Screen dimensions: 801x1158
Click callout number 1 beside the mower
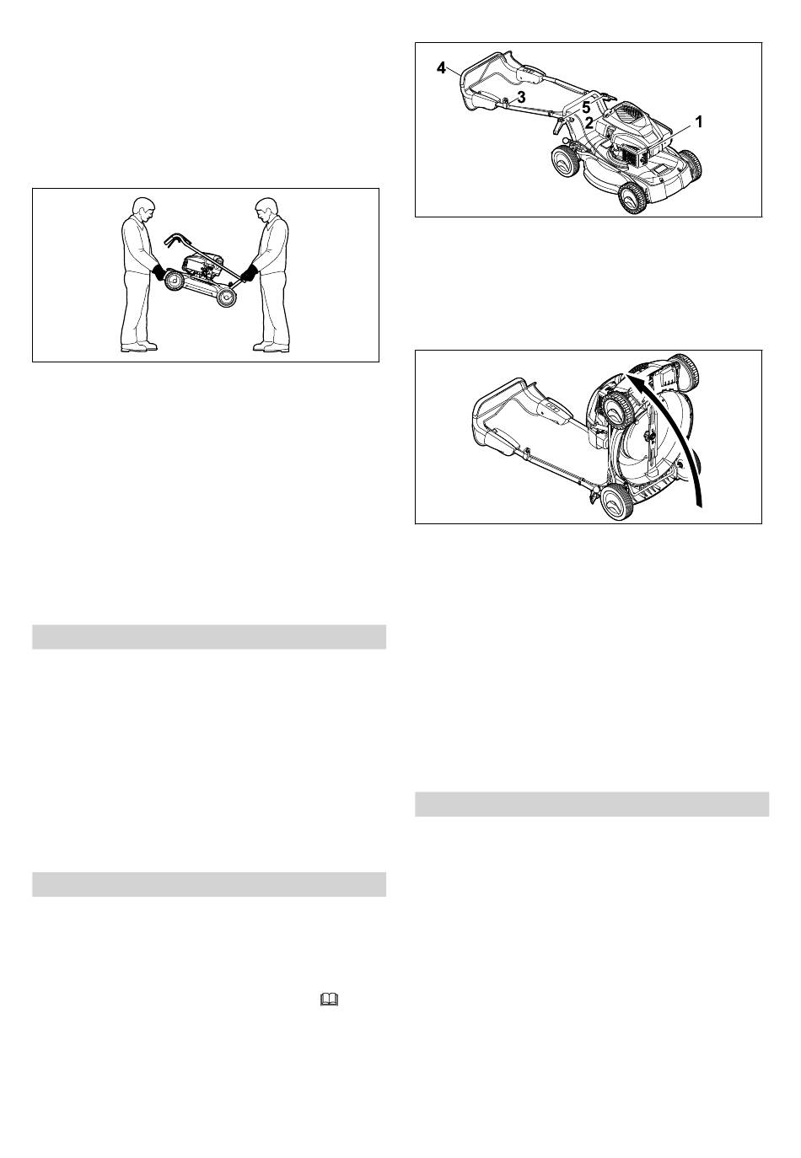pyautogui.click(x=699, y=122)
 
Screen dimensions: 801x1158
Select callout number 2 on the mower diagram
pyautogui.click(x=589, y=123)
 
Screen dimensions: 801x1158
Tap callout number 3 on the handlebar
pyautogui.click(x=521, y=97)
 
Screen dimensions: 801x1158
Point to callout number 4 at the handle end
pyautogui.click(x=441, y=67)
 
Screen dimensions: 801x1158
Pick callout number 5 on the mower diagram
pyautogui.click(x=586, y=108)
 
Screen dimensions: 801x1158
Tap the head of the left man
pyautogui.click(x=143, y=208)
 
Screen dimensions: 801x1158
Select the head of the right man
pyautogui.click(x=266, y=210)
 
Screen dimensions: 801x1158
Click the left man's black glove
pyautogui.click(x=159, y=272)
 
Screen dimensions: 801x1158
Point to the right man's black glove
pyautogui.click(x=250, y=273)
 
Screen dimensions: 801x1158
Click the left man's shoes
pyautogui.click(x=138, y=346)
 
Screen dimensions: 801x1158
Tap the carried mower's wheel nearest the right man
pyautogui.click(x=226, y=297)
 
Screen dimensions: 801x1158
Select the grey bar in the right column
pyautogui.click(x=592, y=804)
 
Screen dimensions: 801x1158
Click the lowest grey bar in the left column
pyautogui.click(x=209, y=884)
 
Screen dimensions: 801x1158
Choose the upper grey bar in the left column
pyautogui.click(x=209, y=637)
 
